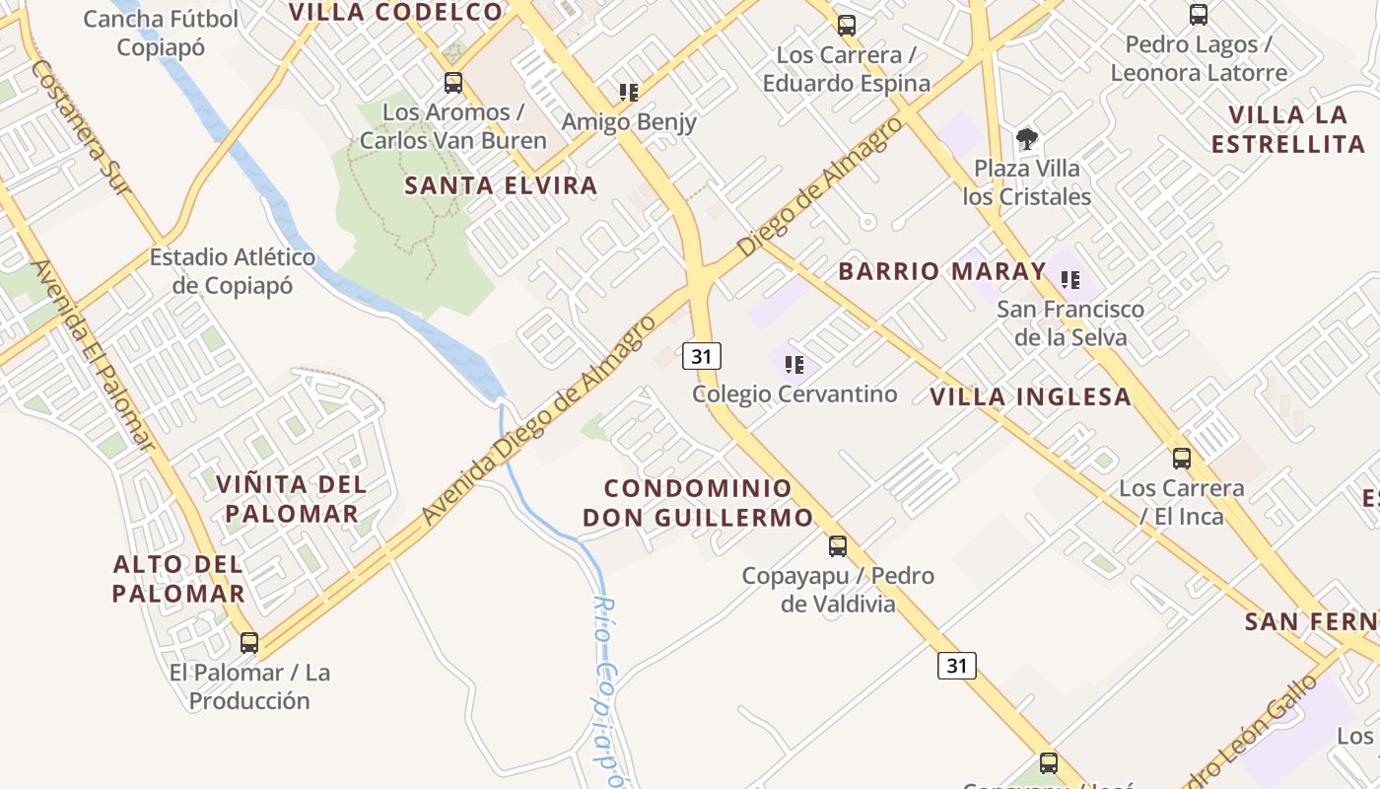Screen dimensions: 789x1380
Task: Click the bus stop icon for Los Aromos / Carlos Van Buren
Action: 453,83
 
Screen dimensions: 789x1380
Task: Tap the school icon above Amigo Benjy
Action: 629,93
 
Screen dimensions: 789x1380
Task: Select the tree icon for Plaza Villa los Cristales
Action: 1027,139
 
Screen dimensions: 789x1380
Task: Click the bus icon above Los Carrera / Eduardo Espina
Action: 846,26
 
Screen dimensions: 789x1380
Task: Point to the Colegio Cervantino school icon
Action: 794,366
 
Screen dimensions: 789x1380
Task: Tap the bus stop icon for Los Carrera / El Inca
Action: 1181,459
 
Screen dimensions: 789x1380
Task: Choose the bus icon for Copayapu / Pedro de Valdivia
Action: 837,545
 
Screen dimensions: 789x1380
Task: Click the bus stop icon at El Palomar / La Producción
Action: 249,643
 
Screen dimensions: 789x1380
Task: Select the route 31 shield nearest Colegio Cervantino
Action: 701,356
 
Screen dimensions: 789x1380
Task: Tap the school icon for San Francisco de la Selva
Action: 1070,280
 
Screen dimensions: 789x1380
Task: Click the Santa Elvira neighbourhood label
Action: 501,185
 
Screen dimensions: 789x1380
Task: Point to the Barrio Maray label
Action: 941,271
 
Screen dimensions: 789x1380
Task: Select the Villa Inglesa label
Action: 1030,397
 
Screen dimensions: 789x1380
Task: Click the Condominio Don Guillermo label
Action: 698,503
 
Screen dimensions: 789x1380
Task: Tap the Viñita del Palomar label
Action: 291,499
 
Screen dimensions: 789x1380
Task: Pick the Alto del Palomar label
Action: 178,579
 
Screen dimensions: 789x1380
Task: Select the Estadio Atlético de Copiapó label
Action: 233,271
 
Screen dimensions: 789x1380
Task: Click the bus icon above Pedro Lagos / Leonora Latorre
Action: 1199,15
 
